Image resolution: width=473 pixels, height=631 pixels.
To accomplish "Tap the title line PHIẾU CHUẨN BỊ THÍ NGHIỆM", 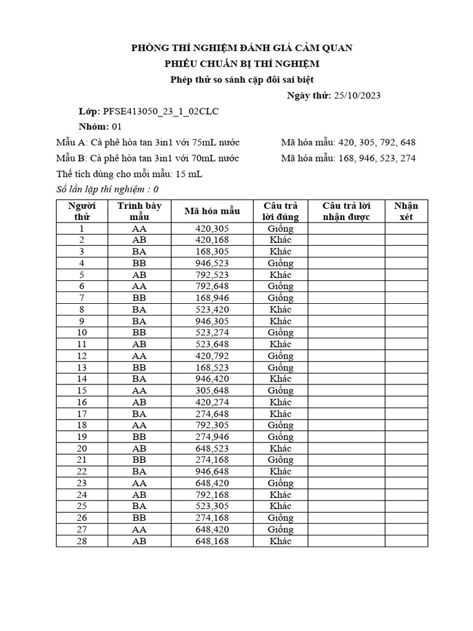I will [241, 63].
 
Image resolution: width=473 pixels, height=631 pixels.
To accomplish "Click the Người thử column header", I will [82, 211].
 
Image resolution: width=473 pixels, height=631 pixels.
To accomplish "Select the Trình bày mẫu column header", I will [139, 211].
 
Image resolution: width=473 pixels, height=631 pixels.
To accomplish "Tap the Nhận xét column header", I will [406, 211].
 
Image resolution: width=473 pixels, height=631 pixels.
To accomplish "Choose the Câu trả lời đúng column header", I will [280, 211].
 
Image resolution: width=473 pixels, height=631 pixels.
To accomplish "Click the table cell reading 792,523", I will [212, 275].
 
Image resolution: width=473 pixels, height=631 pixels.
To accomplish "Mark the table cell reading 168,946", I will [212, 298].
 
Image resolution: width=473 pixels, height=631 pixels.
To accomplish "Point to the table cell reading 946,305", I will [212, 321].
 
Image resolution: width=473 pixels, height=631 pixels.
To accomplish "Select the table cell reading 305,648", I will [212, 391].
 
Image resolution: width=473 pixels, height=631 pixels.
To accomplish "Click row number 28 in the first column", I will [82, 541].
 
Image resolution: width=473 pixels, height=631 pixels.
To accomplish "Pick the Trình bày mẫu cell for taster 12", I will [139, 356].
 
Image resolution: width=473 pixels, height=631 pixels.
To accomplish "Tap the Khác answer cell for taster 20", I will [280, 449].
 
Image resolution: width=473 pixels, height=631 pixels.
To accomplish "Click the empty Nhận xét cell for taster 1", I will [406, 229].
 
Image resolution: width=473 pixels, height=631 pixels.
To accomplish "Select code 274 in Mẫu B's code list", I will [406, 158].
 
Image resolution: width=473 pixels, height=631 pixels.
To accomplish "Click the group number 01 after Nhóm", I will [116, 127].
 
